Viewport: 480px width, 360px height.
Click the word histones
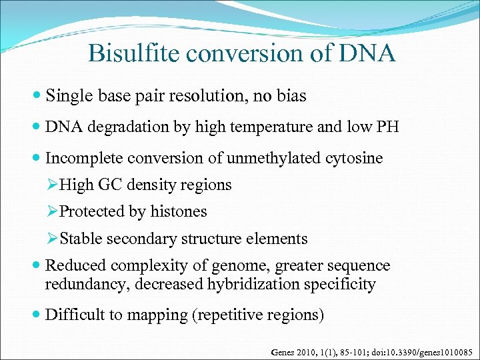[180, 212]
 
